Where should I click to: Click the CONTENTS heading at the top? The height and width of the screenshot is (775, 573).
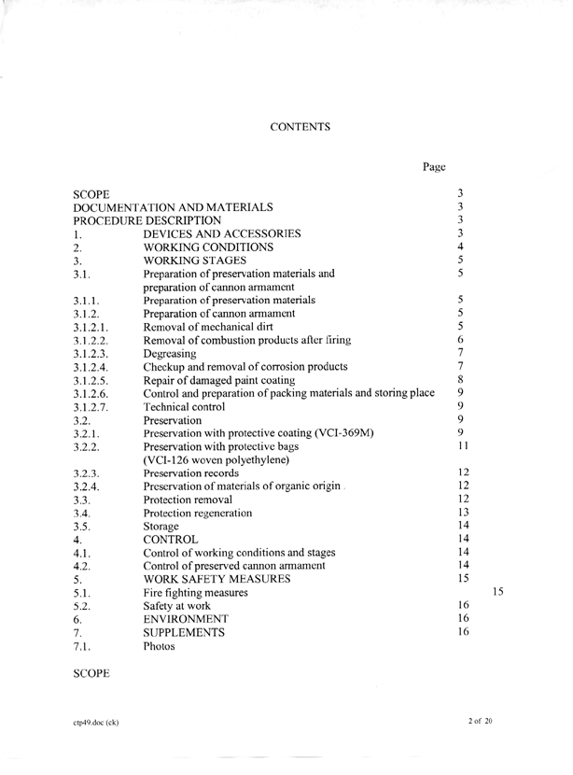coord(300,126)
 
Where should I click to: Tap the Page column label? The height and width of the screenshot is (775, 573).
coord(434,167)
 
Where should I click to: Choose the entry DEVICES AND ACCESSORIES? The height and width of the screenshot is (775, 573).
coord(222,233)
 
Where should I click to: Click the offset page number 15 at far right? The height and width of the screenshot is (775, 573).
coord(497,591)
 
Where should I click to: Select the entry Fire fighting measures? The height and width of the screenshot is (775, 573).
coord(195,593)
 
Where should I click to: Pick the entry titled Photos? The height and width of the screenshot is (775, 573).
coord(159,646)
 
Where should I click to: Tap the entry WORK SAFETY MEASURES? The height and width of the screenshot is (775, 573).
coord(217,579)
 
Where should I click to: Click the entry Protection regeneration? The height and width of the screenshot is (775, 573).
coord(198,513)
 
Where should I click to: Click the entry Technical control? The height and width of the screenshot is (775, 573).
coord(184,406)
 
